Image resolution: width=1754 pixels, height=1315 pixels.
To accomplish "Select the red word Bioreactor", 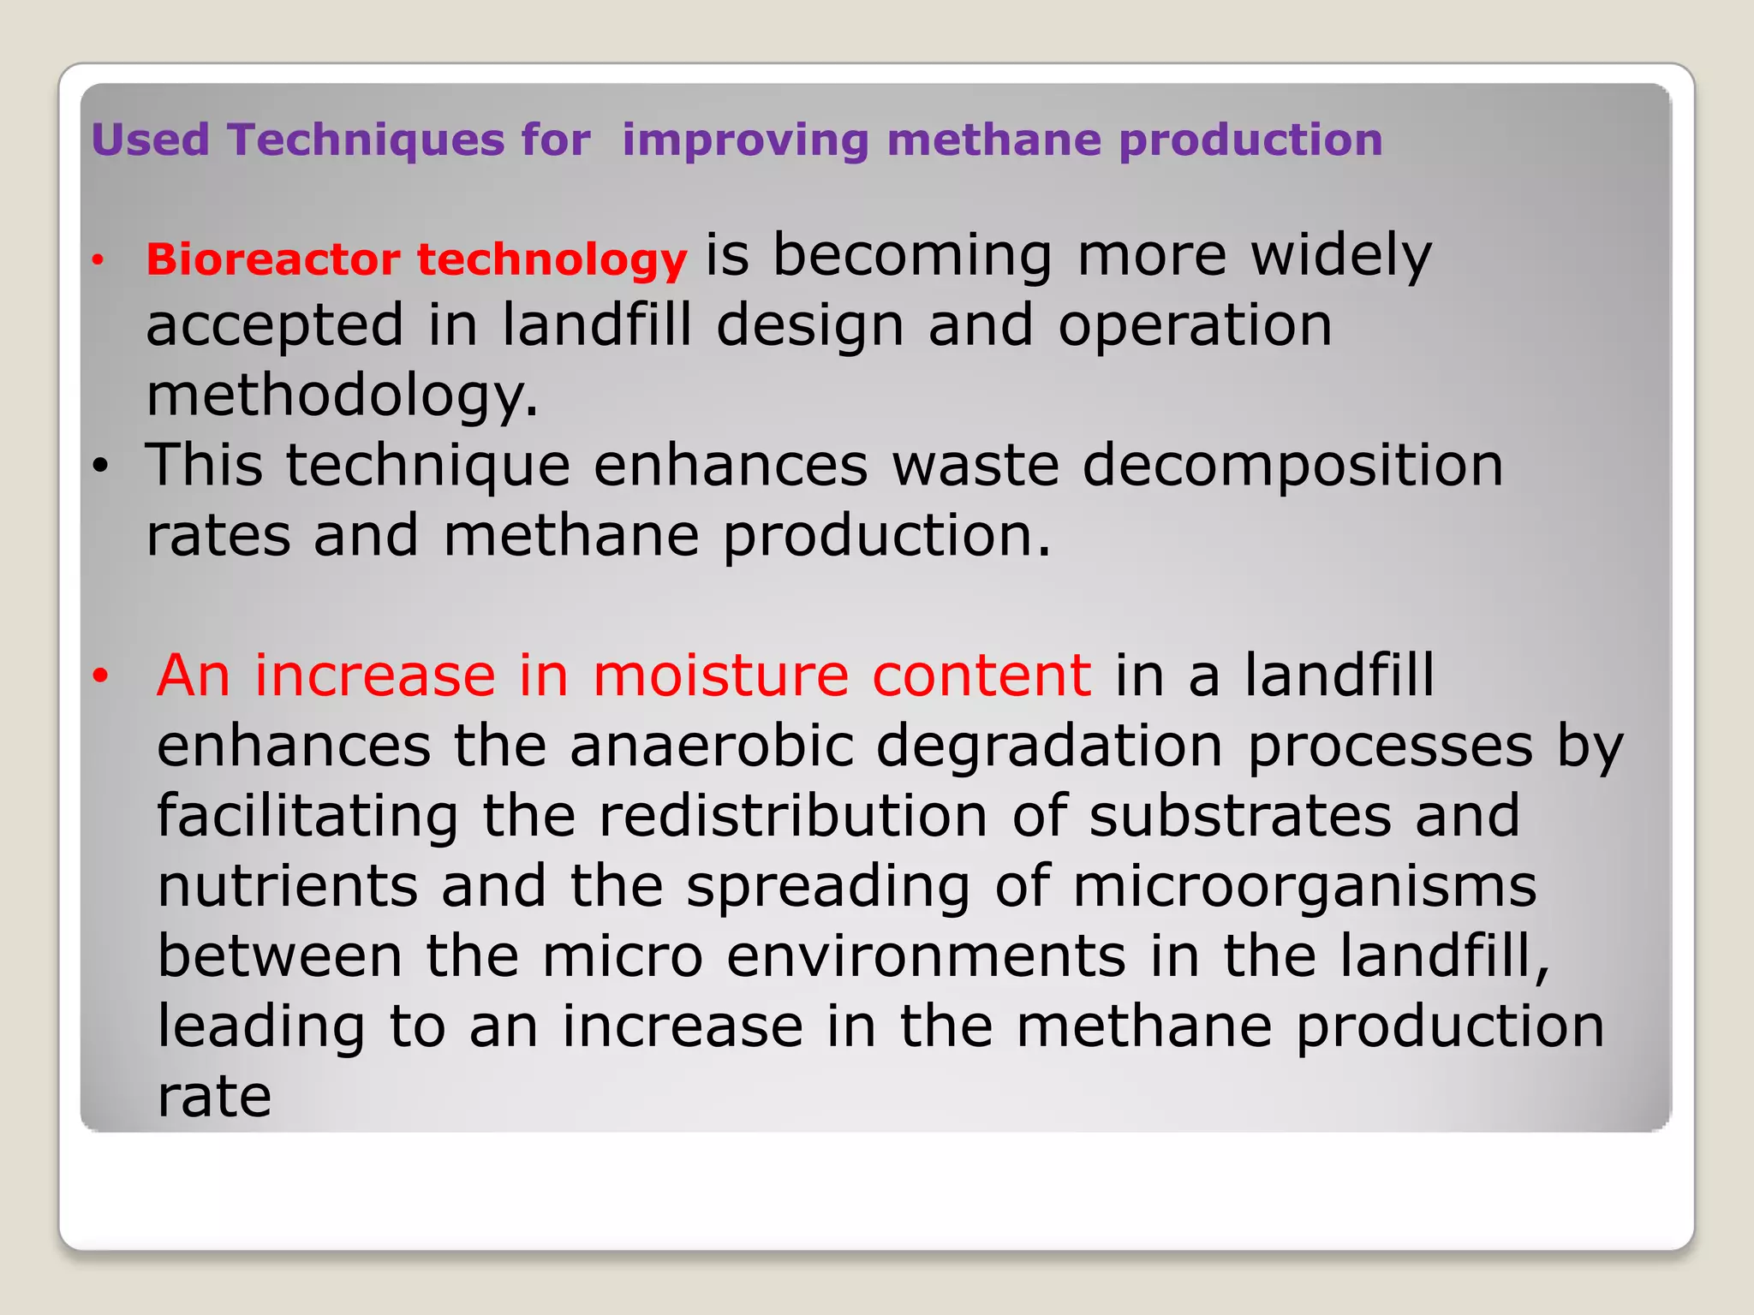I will click(273, 259).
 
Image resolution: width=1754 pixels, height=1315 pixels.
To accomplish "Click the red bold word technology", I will click(552, 260).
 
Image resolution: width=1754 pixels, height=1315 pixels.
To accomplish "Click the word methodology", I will click(342, 396).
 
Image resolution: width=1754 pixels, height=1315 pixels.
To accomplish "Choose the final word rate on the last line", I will click(214, 1098).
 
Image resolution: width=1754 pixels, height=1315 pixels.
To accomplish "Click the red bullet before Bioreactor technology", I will click(98, 259).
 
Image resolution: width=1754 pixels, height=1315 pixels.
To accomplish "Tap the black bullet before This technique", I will click(101, 467).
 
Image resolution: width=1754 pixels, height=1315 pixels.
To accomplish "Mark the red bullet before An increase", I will click(101, 676).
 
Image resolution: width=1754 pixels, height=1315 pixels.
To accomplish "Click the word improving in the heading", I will click(744, 140).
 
